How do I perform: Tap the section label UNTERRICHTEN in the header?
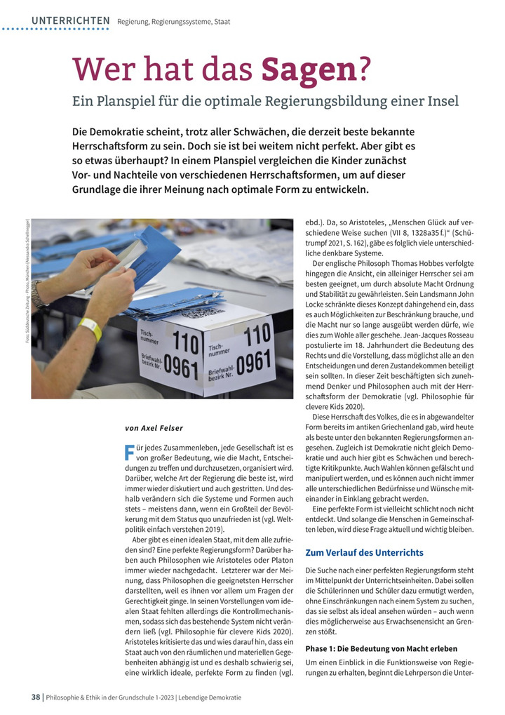pyautogui.click(x=70, y=21)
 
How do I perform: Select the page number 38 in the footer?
pyautogui.click(x=35, y=697)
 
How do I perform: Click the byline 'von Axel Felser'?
pyautogui.click(x=154, y=427)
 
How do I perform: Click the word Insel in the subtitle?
pyautogui.click(x=442, y=101)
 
